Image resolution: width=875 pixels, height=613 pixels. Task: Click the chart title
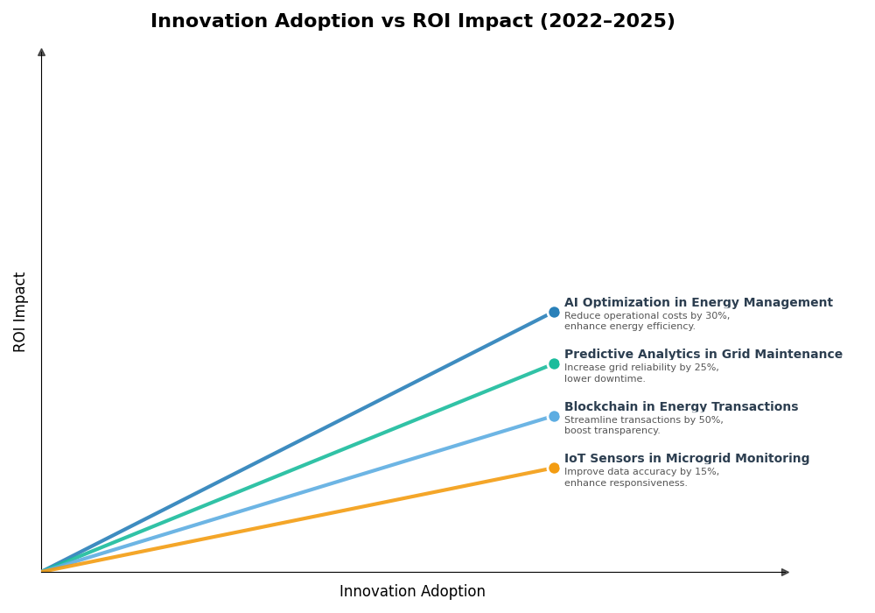412,22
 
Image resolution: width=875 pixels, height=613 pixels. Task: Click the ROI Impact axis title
20,312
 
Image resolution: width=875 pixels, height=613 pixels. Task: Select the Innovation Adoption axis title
412,592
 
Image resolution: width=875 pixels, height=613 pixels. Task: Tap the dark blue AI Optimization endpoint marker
554,312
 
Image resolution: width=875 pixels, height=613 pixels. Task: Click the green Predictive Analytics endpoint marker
554,364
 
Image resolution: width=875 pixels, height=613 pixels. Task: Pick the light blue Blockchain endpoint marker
554,417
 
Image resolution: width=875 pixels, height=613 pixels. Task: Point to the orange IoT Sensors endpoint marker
554,469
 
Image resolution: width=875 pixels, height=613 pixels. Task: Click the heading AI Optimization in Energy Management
698,303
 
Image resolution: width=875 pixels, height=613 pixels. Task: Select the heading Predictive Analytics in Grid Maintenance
703,355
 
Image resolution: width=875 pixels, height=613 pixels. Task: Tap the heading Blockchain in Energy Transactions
681,407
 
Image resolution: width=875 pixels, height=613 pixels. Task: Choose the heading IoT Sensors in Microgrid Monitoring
687,459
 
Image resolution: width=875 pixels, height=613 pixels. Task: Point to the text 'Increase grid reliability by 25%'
641,368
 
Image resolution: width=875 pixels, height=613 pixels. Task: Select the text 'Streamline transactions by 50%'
643,420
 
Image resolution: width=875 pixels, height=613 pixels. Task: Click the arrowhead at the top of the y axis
41,53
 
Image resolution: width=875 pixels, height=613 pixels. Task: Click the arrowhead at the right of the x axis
785,572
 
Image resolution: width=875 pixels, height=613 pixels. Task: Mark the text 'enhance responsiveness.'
626,483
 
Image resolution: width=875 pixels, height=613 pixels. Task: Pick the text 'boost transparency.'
612,431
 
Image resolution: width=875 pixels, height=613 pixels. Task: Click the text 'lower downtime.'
605,379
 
